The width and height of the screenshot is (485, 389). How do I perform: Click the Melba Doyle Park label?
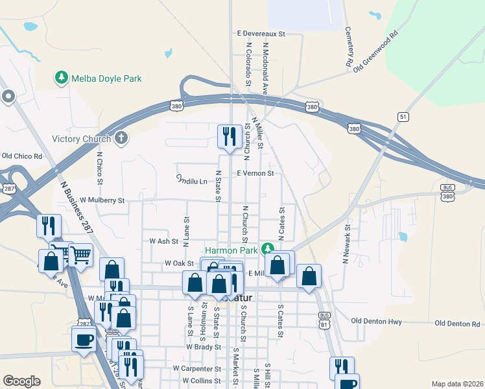(x=106, y=78)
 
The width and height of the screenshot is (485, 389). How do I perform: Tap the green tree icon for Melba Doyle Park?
(x=62, y=78)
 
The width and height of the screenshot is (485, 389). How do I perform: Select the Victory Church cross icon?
(x=121, y=138)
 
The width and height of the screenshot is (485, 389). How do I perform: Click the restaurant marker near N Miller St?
(x=229, y=137)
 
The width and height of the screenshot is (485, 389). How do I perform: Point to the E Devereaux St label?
(x=261, y=32)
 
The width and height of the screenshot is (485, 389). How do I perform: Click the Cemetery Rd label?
(x=348, y=47)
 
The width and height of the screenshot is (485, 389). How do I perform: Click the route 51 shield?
(x=403, y=115)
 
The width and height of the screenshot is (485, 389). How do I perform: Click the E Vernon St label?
(x=255, y=173)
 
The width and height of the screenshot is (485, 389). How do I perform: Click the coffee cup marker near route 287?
(x=84, y=339)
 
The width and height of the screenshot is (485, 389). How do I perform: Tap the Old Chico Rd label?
(x=22, y=156)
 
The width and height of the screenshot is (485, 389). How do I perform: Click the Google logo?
(x=21, y=381)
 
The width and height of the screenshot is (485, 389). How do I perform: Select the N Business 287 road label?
(x=77, y=208)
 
